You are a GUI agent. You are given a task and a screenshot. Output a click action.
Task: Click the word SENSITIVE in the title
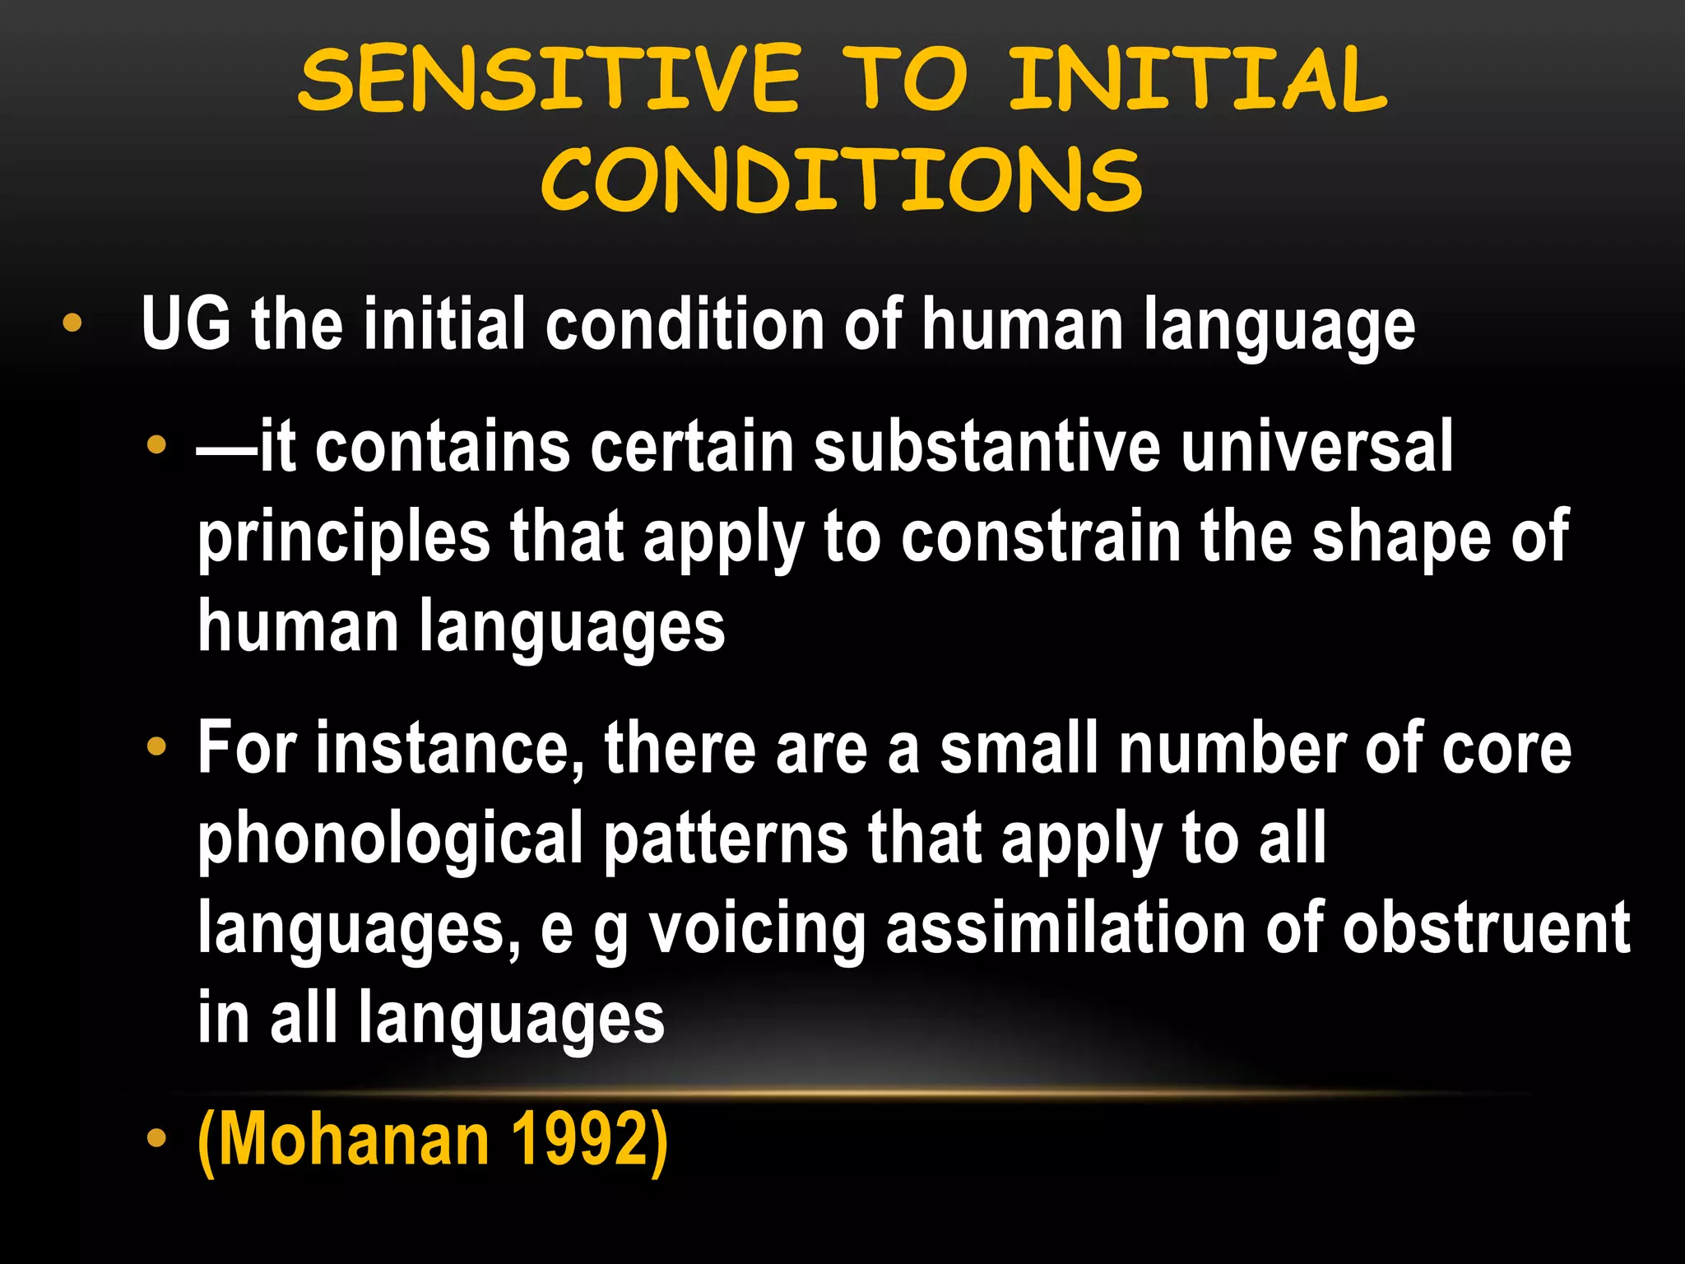pyautogui.click(x=549, y=79)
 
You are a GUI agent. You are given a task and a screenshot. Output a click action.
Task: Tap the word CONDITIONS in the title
pyautogui.click(x=841, y=179)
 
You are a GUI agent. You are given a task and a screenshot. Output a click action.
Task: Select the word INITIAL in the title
pyautogui.click(x=1199, y=79)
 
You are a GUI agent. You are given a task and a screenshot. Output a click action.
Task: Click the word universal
pyautogui.click(x=1317, y=447)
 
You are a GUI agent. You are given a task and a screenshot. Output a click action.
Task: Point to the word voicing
pyautogui.click(x=757, y=931)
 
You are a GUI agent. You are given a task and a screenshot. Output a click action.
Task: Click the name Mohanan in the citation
pyautogui.click(x=345, y=1140)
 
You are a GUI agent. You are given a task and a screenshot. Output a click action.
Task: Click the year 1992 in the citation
pyautogui.click(x=581, y=1140)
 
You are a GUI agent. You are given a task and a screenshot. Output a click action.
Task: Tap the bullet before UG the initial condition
pyautogui.click(x=72, y=323)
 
